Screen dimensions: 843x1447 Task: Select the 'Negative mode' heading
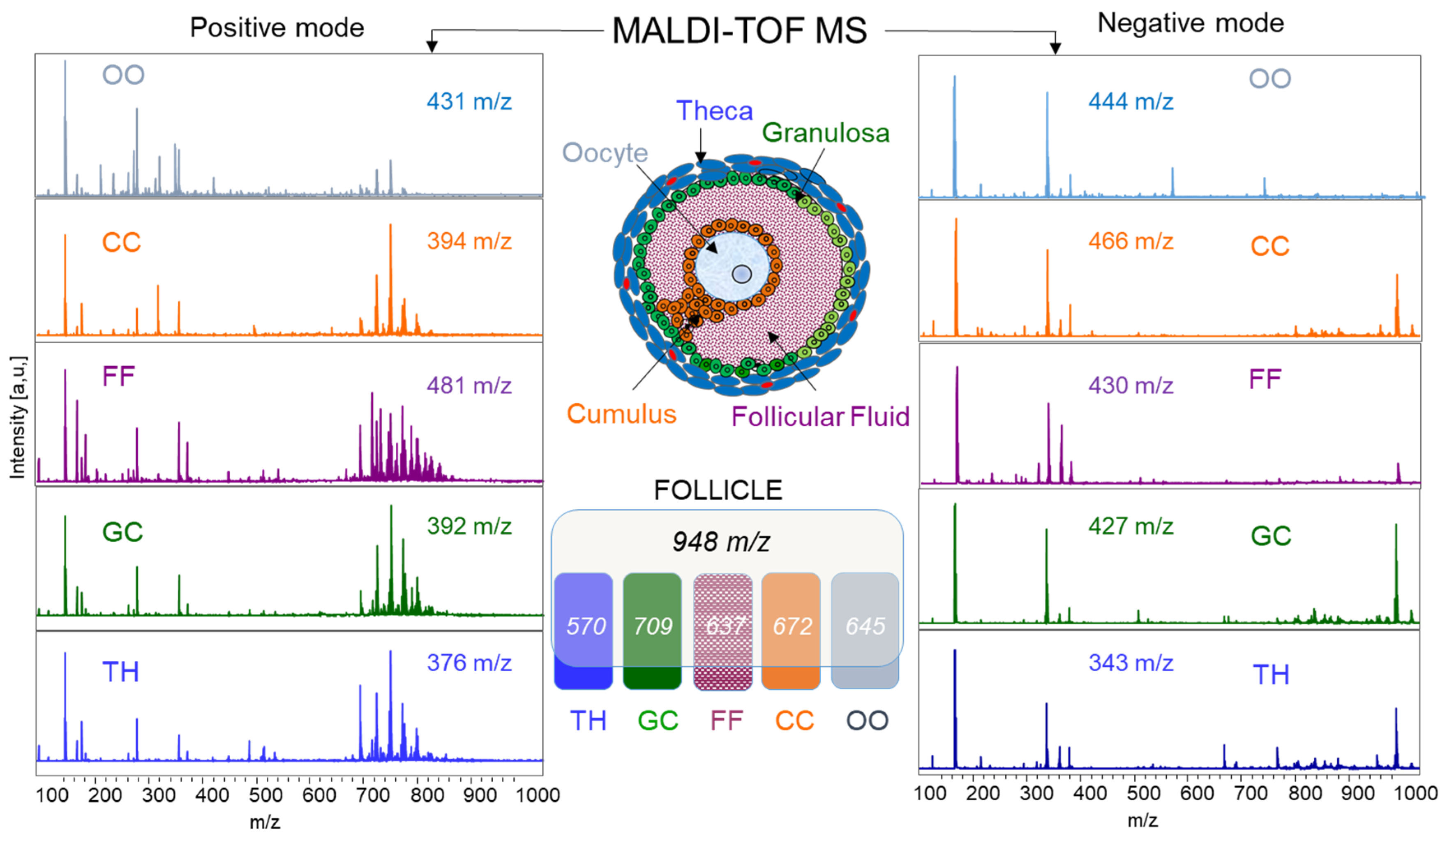(x=1190, y=23)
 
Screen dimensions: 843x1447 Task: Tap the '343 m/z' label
(x=1130, y=663)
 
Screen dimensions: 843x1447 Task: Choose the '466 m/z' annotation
(x=1130, y=241)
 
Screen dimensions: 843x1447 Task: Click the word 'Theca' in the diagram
(x=714, y=111)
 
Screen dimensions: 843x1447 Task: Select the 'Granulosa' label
(x=825, y=133)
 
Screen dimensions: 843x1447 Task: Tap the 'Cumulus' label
(x=621, y=414)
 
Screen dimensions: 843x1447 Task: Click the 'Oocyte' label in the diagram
(x=605, y=153)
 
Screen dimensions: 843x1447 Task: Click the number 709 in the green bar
(x=652, y=626)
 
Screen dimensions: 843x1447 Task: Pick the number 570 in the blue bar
(x=586, y=626)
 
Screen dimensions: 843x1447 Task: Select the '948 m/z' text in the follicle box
(x=721, y=542)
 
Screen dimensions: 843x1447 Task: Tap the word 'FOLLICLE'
(x=718, y=490)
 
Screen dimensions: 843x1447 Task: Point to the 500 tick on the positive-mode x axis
(x=265, y=795)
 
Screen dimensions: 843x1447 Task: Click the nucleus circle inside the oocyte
(x=742, y=274)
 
